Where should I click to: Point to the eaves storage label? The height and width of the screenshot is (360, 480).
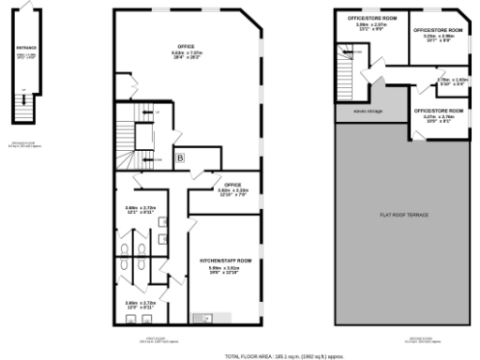(x=367, y=111)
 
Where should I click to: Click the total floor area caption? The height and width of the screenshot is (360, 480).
(x=291, y=356)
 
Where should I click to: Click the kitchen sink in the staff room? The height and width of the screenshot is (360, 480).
(x=199, y=315)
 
